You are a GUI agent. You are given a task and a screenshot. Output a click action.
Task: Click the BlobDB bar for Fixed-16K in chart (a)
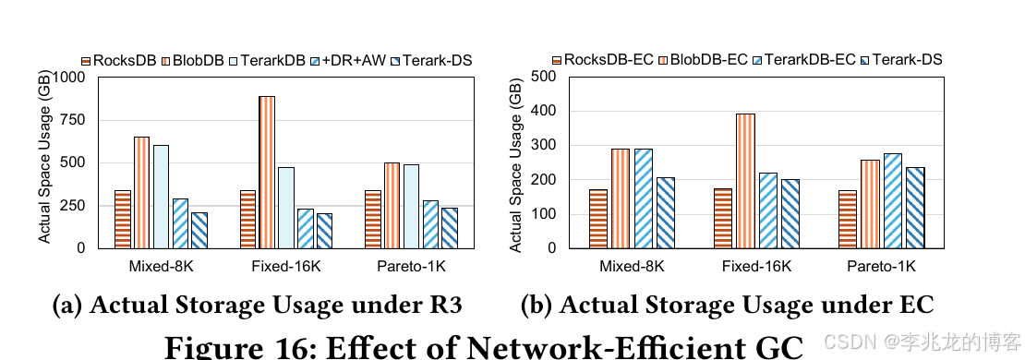[267, 173]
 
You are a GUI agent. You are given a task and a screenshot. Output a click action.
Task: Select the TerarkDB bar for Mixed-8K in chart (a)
[161, 197]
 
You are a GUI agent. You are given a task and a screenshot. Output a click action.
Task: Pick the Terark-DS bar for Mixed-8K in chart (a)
[199, 230]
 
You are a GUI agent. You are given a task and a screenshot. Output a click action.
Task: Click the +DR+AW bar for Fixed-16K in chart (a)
[306, 229]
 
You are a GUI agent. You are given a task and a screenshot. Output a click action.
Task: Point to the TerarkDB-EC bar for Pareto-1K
[892, 201]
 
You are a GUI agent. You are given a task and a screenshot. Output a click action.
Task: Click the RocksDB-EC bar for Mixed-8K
[598, 219]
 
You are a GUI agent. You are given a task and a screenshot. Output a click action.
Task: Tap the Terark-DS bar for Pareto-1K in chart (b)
[915, 208]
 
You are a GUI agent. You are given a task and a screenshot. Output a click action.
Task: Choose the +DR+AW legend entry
[348, 61]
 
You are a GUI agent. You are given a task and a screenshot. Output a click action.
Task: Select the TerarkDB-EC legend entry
[804, 59]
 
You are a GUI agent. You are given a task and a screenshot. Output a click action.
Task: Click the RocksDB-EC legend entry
[603, 59]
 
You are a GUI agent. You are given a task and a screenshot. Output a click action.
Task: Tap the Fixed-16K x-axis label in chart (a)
[285, 267]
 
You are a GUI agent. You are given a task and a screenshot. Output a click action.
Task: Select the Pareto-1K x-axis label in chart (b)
[881, 267]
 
